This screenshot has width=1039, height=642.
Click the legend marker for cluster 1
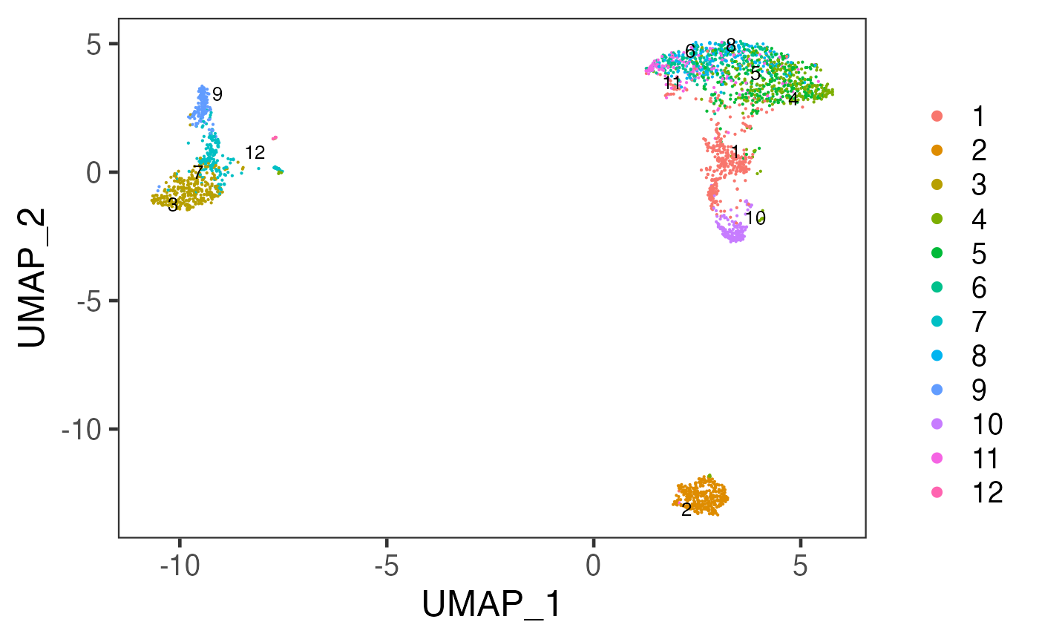[937, 116]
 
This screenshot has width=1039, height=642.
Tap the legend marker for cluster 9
[937, 389]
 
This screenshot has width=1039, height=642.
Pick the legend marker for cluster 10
[937, 423]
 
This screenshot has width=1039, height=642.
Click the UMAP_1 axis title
[492, 606]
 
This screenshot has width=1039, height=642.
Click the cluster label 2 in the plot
[686, 510]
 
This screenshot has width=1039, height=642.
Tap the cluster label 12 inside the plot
[255, 153]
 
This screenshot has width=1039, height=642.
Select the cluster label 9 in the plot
[217, 94]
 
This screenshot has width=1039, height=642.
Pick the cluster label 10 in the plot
[756, 218]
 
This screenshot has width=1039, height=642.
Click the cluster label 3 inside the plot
[173, 205]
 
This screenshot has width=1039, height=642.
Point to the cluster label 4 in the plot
[793, 99]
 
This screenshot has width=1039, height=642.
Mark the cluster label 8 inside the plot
[731, 46]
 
